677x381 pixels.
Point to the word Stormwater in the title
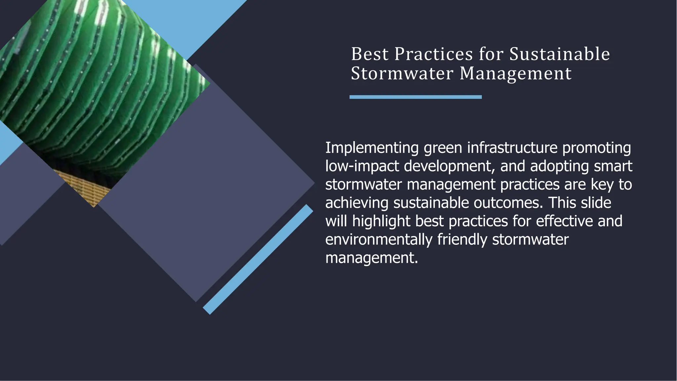(402, 73)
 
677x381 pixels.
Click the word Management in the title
(515, 74)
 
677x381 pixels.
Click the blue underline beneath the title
(416, 97)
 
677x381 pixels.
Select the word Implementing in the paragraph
(372, 148)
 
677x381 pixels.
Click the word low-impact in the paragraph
(362, 166)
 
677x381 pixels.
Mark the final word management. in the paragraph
(372, 258)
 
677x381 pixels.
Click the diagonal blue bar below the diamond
(258, 259)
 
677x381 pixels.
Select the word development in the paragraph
(450, 166)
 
